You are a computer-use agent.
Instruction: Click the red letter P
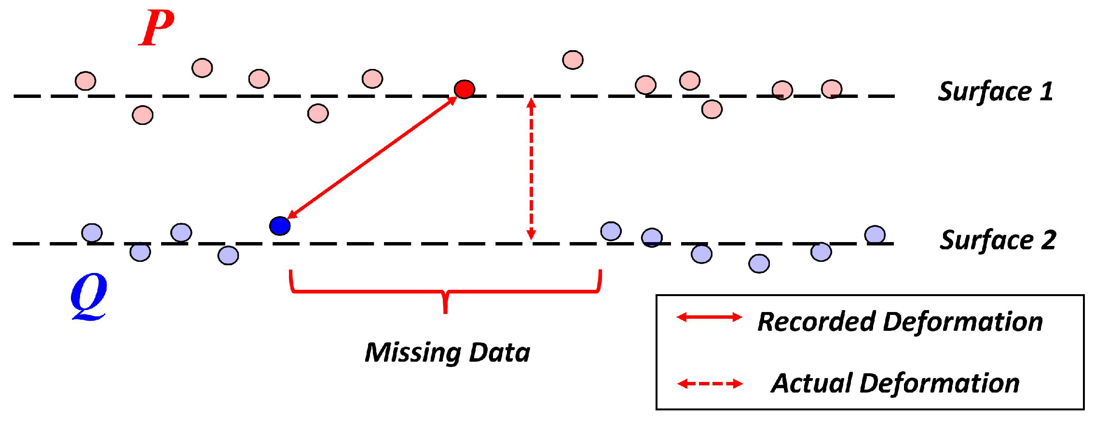(156, 28)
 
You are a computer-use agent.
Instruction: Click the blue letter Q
(89, 296)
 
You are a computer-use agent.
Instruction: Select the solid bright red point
(465, 89)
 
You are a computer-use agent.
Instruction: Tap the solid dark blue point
(280, 226)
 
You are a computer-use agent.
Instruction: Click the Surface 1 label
(995, 91)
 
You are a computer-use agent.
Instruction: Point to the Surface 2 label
(998, 240)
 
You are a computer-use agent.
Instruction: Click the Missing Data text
(447, 352)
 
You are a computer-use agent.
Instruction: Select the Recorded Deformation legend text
(900, 321)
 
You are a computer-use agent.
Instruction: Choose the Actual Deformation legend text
(895, 383)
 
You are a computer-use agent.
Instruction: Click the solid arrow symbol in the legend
(710, 317)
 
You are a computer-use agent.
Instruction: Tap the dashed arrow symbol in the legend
(710, 384)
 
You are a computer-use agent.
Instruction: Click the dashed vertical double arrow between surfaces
(531, 169)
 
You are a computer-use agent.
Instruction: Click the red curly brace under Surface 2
(445, 292)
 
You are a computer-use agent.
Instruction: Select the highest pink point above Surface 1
(573, 60)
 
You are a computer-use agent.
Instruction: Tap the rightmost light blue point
(875, 235)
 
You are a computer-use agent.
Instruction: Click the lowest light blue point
(759, 263)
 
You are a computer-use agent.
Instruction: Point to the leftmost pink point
(85, 81)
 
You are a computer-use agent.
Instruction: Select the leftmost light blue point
(92, 233)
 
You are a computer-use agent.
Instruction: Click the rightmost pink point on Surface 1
(832, 89)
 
